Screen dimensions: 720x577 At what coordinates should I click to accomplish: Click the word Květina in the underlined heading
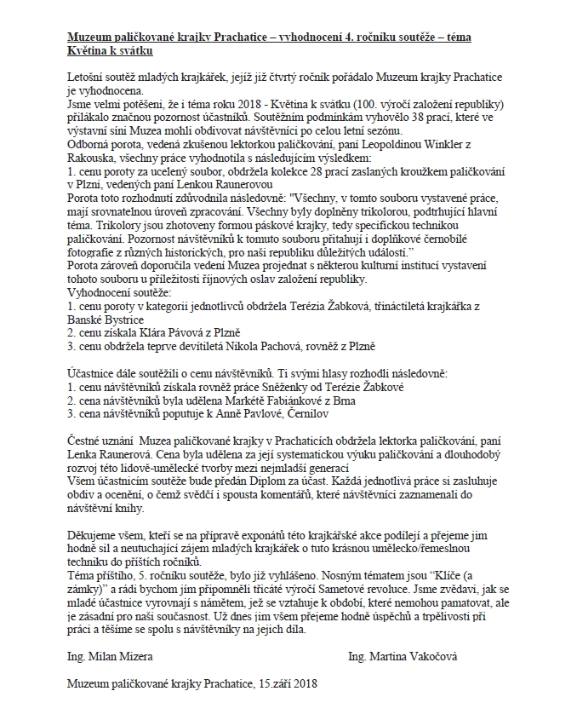point(89,52)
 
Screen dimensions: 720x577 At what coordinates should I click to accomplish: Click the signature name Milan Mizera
point(111,657)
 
